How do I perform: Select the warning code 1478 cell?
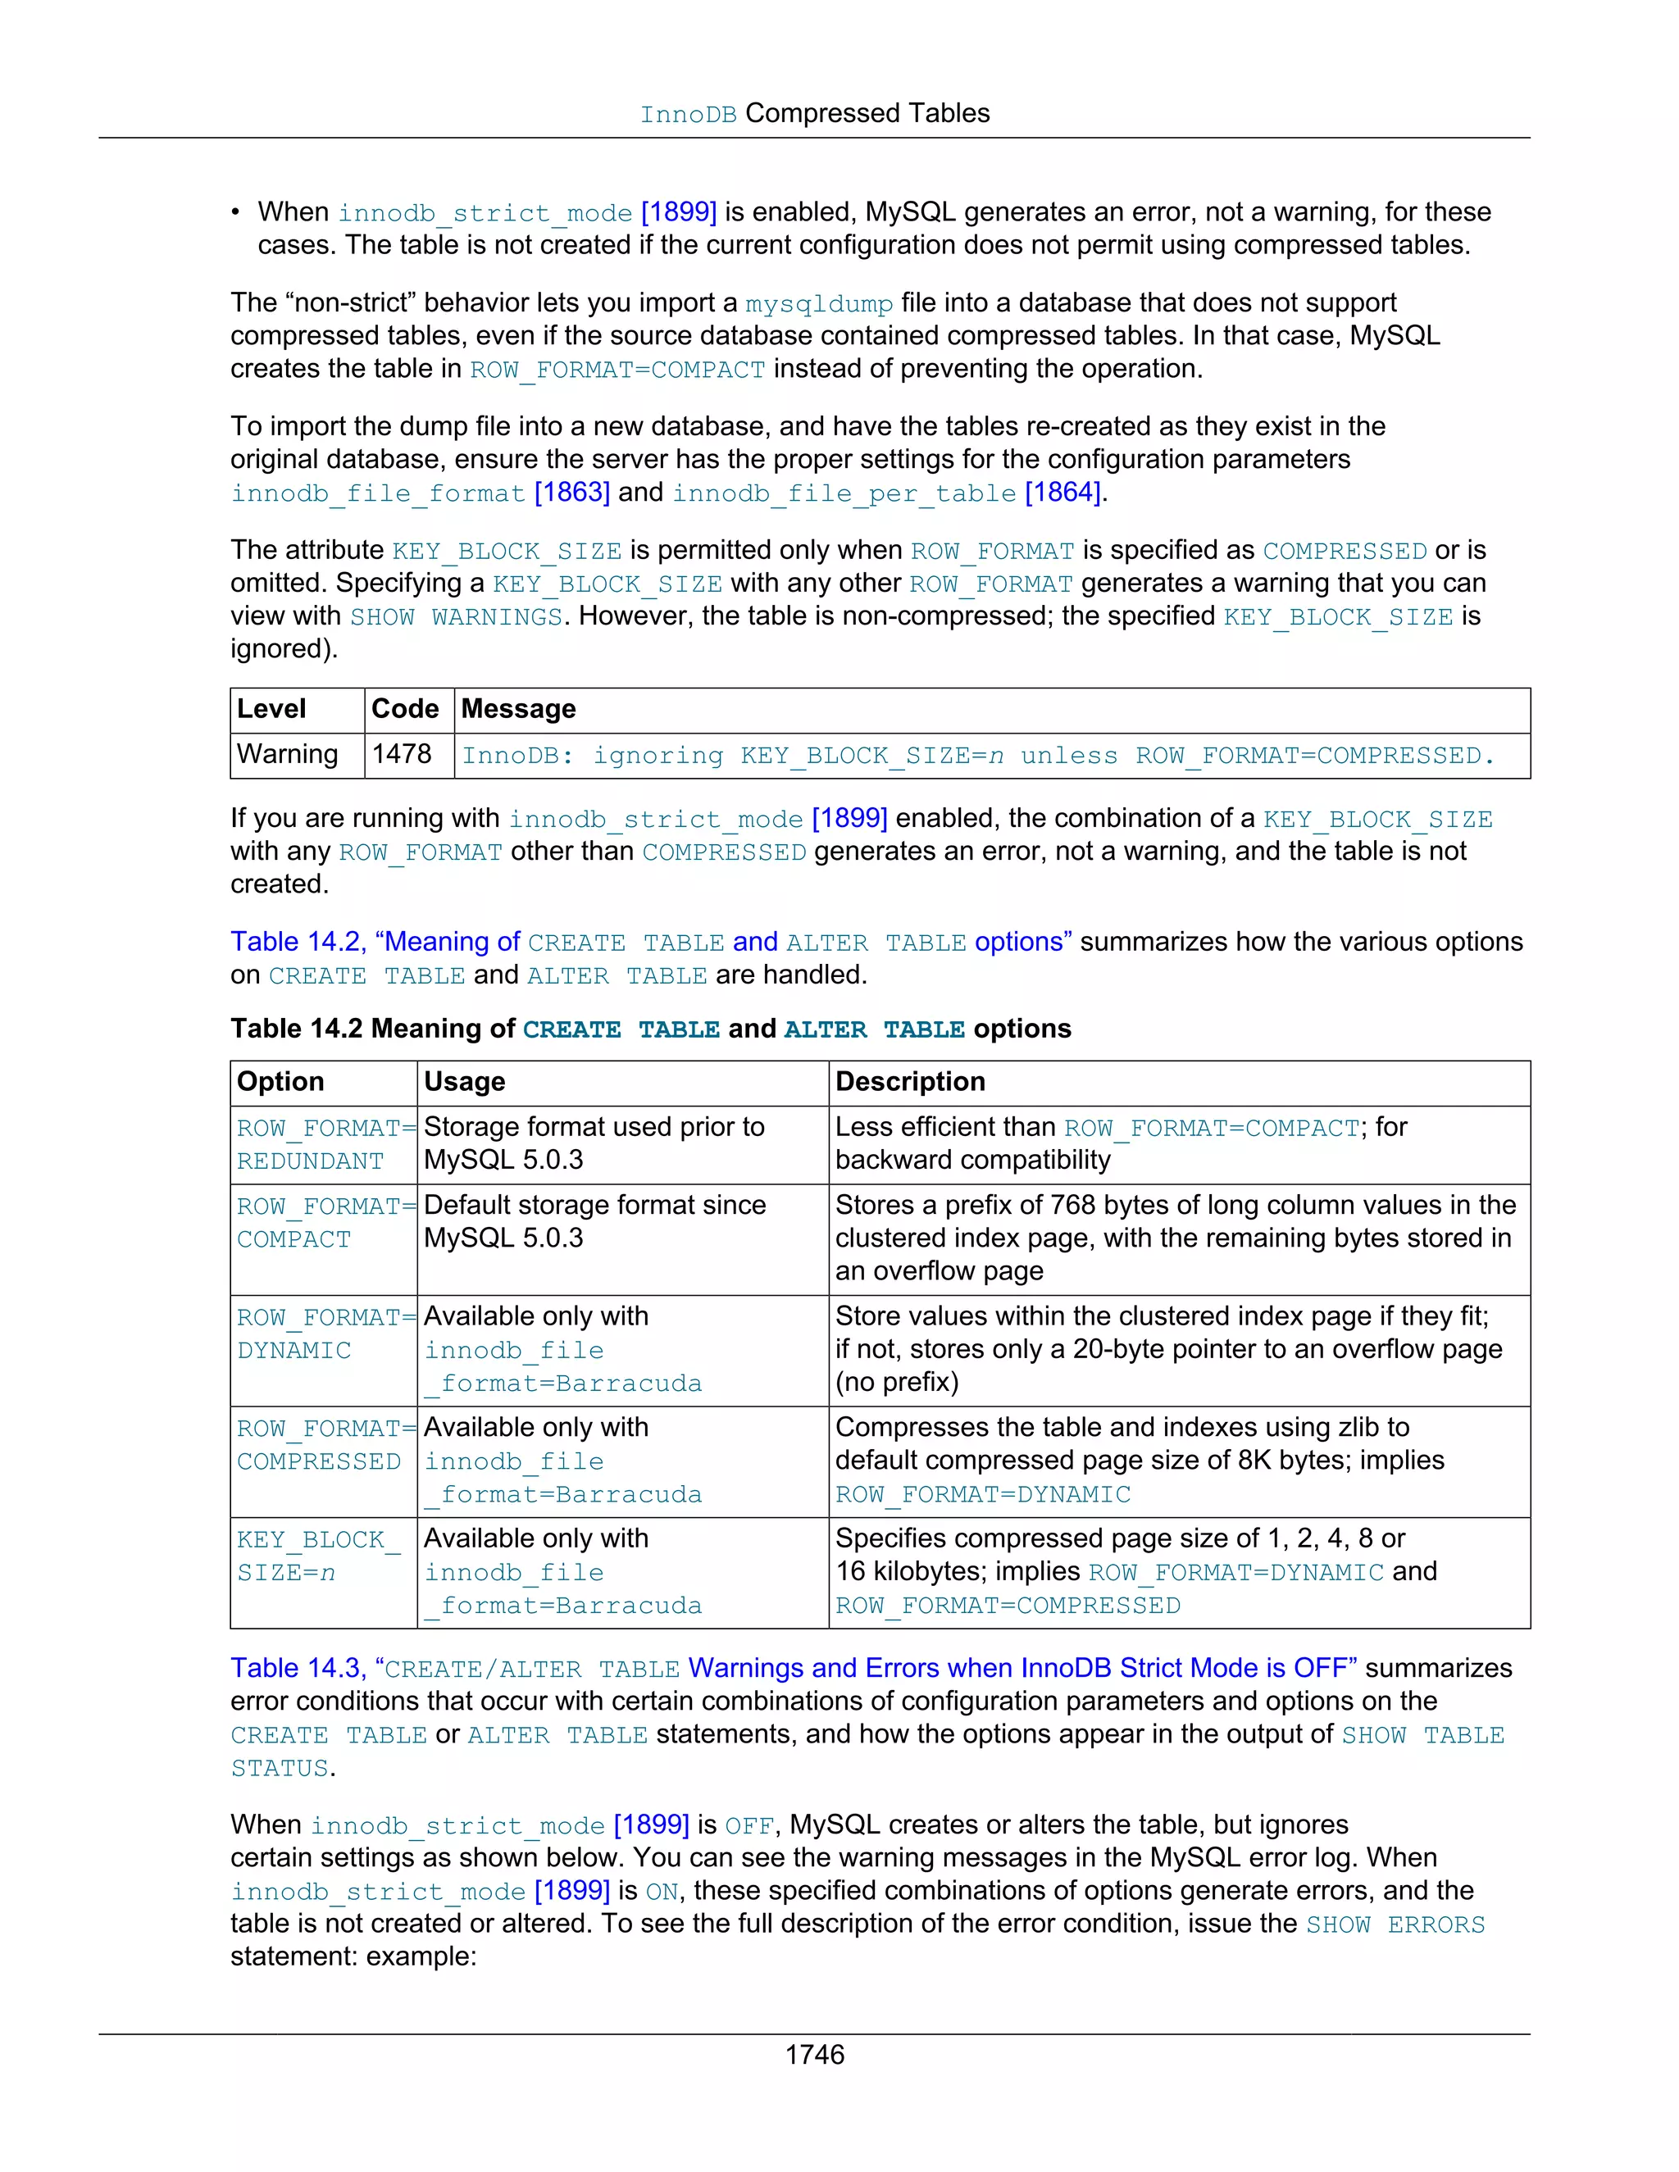[x=402, y=754]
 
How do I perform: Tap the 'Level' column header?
[x=271, y=709]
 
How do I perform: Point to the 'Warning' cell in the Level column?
[x=288, y=754]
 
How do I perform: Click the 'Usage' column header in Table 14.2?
[x=465, y=1082]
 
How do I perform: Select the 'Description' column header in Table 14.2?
[x=910, y=1082]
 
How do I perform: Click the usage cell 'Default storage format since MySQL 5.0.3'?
[x=595, y=1222]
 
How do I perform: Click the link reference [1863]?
[x=572, y=493]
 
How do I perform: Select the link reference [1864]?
[x=1062, y=493]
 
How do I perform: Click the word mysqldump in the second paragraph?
[x=819, y=303]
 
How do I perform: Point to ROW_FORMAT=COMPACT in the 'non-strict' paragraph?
[x=617, y=370]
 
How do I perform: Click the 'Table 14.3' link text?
[x=298, y=1668]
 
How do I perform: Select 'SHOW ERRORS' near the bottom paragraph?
[x=1395, y=1924]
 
